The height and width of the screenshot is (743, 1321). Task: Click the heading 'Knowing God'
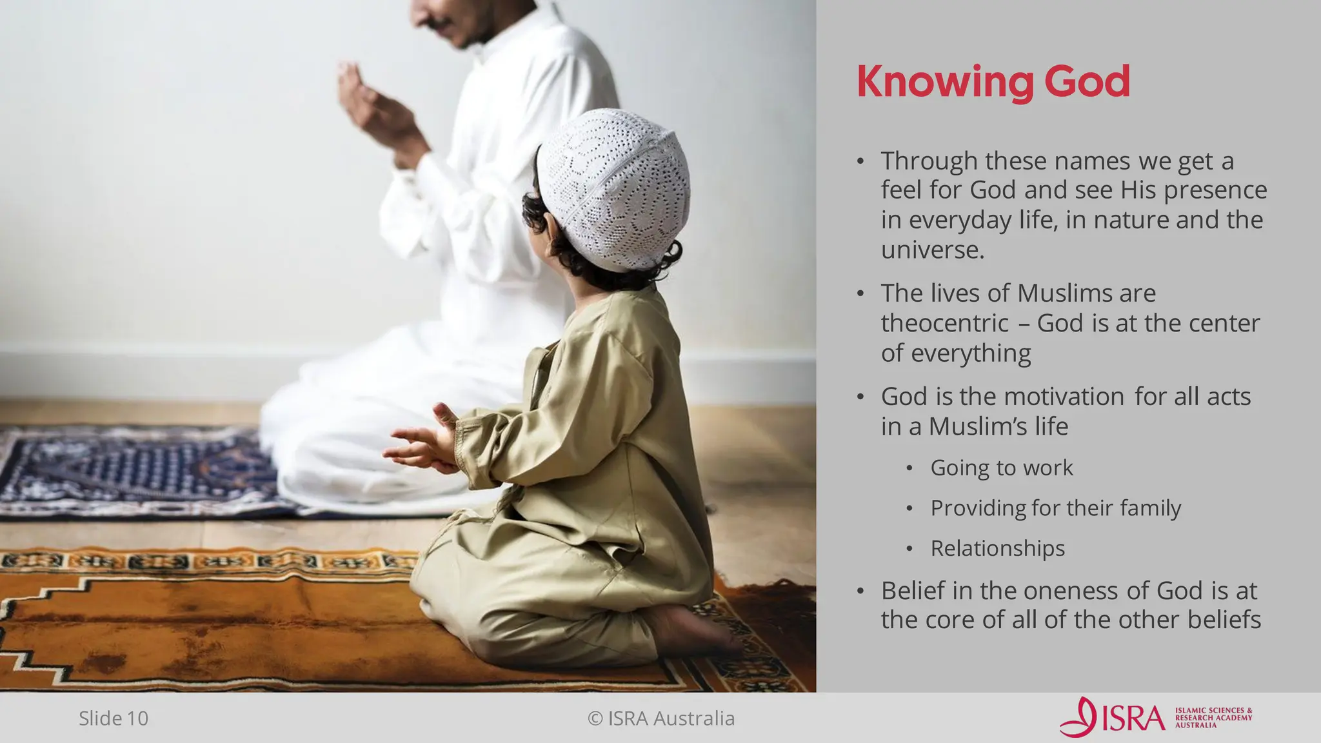click(993, 82)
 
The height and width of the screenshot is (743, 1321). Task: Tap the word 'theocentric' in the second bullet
click(944, 323)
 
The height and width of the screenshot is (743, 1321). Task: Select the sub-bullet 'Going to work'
click(1001, 468)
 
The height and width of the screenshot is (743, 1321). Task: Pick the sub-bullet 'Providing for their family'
click(1055, 508)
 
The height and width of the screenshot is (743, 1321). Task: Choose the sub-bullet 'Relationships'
click(997, 549)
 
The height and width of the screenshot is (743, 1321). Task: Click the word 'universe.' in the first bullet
click(933, 250)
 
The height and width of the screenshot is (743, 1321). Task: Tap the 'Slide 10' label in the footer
click(114, 718)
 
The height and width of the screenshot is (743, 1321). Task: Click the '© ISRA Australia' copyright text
click(661, 718)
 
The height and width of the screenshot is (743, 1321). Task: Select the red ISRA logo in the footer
click(1112, 717)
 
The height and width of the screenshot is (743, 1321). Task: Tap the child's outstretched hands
click(419, 445)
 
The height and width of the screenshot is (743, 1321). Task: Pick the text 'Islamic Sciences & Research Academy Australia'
click(1213, 718)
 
